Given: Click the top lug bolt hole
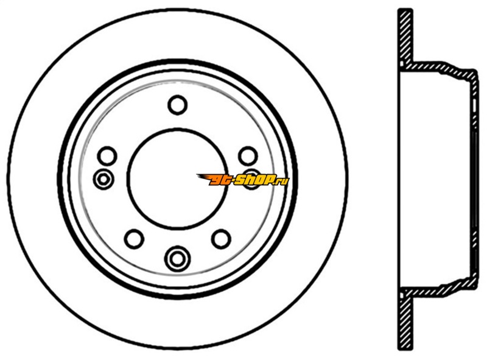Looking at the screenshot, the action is tap(177, 105).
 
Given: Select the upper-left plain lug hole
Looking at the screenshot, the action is tap(107, 156).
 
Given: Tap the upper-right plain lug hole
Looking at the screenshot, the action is tap(248, 156).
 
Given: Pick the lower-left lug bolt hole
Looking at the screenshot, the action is tap(134, 239).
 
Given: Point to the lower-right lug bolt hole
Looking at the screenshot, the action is tap(221, 239).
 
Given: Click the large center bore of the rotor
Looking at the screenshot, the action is tap(177, 178).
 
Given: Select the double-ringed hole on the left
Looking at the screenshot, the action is tap(103, 179).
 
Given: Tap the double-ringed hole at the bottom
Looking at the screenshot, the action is tap(177, 258).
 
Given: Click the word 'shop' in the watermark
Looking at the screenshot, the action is tap(254, 180).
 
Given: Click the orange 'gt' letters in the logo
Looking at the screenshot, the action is tap(221, 180).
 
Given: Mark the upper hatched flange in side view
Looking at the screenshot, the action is tap(405, 36).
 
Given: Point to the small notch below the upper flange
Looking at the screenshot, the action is tap(402, 65).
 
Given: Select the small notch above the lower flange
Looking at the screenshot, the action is tap(402, 294).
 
